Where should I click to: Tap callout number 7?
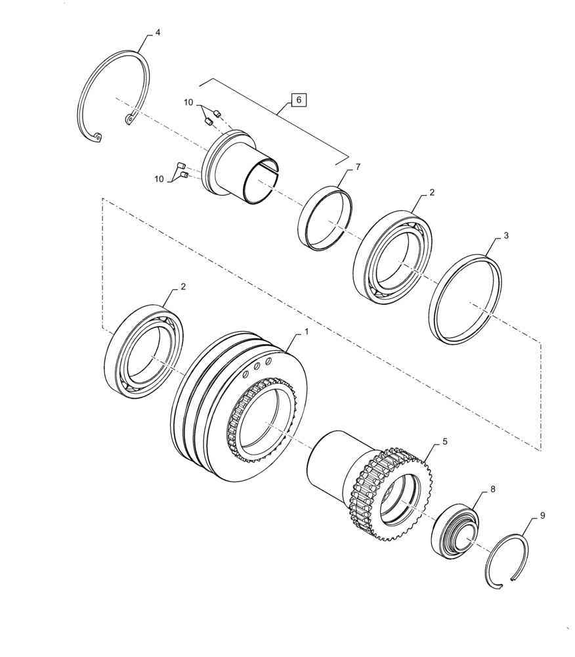[358, 168]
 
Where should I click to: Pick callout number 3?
[506, 235]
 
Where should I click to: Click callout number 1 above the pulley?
[305, 334]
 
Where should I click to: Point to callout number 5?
[445, 442]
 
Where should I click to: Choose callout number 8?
[493, 490]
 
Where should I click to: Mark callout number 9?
[542, 517]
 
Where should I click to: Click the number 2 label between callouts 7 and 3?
[431, 193]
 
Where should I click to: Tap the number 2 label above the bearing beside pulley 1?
[182, 286]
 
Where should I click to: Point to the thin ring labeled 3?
[465, 300]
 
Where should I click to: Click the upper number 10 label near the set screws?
[188, 103]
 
